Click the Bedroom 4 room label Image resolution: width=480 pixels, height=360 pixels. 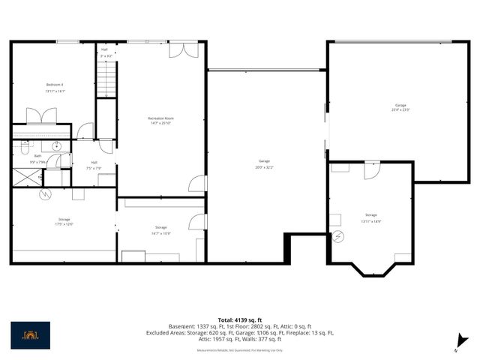[x=55, y=87]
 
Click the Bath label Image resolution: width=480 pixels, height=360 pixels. [x=37, y=156]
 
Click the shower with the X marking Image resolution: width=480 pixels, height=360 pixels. [x=27, y=178]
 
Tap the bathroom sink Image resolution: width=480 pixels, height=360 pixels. [x=56, y=146]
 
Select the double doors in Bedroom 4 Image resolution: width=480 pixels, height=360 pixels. [x=41, y=115]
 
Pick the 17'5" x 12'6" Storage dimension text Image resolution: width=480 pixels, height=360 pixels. [x=63, y=224]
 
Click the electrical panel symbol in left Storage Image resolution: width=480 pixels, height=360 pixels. [x=45, y=194]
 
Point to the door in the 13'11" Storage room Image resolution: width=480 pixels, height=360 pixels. [x=371, y=170]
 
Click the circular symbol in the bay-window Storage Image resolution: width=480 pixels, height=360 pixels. [x=339, y=236]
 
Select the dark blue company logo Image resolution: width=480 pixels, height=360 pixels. [x=31, y=335]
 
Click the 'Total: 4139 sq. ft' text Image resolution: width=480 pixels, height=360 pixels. [x=239, y=319]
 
